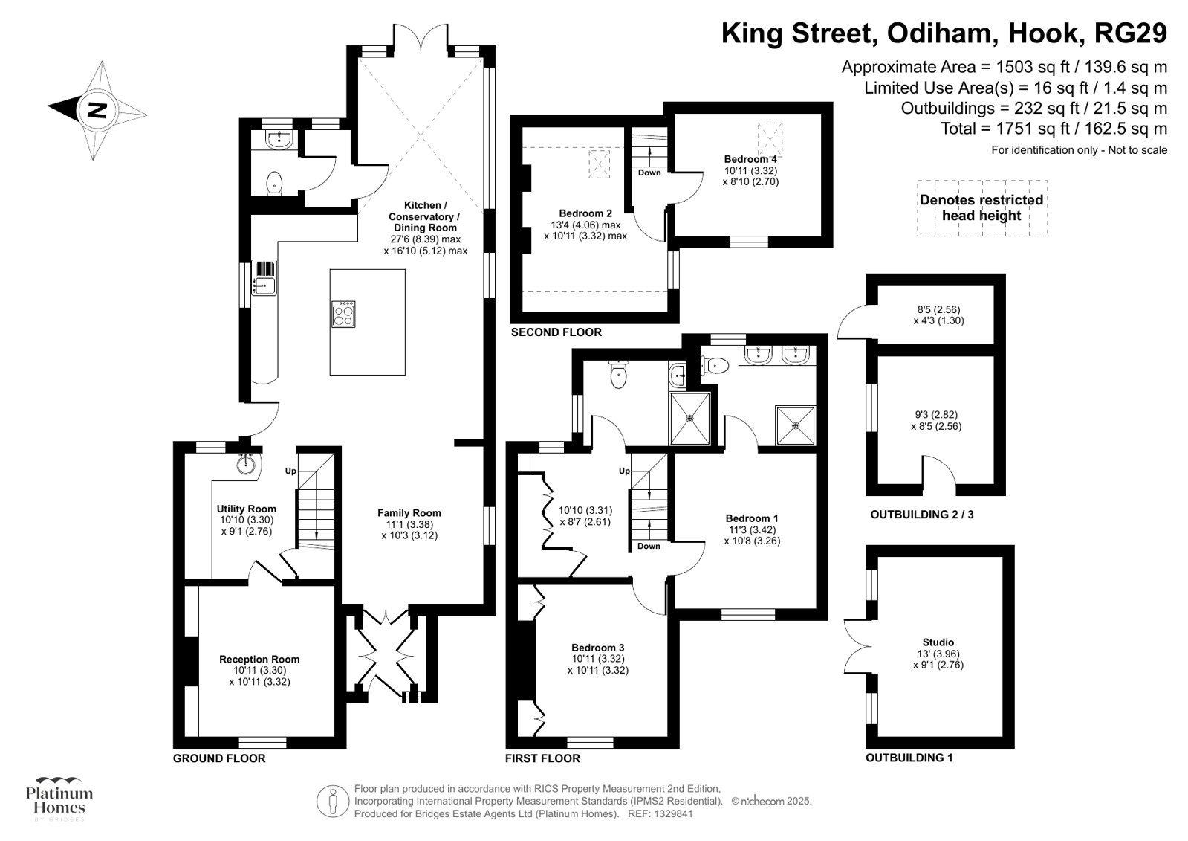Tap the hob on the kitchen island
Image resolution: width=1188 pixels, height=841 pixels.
(343, 314)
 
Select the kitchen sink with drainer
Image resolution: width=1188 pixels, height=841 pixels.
(264, 277)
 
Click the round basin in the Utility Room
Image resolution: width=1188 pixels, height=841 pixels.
(247, 464)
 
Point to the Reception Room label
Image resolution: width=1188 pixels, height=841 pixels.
(259, 659)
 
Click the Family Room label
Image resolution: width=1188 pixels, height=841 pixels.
(409, 512)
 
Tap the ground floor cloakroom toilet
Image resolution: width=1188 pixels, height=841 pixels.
(275, 182)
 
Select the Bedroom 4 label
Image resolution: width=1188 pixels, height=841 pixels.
(750, 159)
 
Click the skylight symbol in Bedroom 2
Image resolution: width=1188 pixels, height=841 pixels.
(599, 164)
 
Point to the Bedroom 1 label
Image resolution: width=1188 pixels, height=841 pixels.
(752, 518)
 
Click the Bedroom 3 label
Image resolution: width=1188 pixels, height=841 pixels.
(597, 648)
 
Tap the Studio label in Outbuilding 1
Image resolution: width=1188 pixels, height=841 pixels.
(938, 642)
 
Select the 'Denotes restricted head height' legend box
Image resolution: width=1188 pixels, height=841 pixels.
(981, 208)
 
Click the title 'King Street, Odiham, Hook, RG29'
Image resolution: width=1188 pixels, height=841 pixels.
(944, 33)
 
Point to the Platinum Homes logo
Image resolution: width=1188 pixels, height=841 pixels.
(59, 799)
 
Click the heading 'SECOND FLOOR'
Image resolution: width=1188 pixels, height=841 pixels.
(556, 332)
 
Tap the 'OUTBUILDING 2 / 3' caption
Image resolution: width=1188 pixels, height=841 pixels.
(921, 514)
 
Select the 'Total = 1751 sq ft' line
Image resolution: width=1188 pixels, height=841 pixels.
(1053, 129)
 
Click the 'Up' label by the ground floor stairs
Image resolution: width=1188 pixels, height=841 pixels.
(290, 471)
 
